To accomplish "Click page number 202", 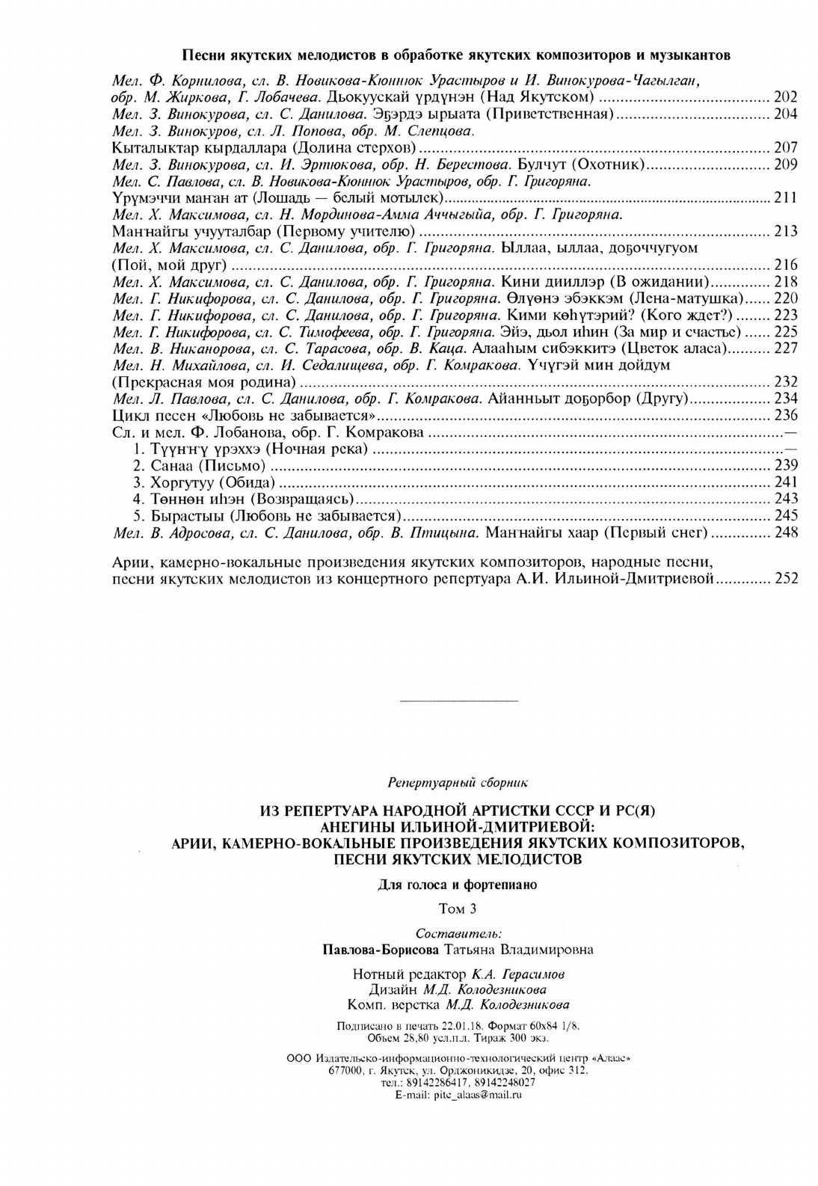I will click(x=786, y=97).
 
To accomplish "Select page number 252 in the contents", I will click(x=786, y=578).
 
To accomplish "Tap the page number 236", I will click(x=786, y=416).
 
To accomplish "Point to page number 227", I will click(x=786, y=348).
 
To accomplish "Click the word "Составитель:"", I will click(x=458, y=934).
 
